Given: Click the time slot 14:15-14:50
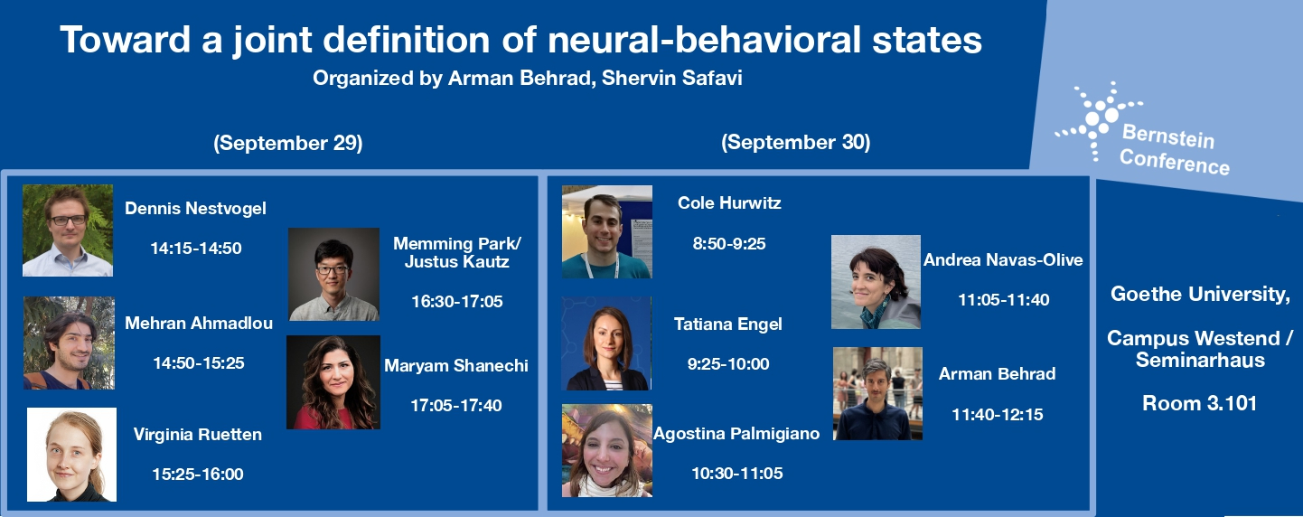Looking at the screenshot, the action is coord(196,249).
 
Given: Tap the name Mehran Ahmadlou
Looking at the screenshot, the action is coord(199,324).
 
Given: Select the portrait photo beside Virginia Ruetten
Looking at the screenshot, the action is coord(71,455).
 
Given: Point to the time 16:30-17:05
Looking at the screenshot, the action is coord(457,301).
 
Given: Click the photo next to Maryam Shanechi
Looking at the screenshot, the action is coord(333,382).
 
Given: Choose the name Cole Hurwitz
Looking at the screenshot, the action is coord(729,203).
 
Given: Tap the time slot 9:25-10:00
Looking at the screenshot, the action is coord(728,364).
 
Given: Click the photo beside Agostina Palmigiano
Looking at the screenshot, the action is coord(606,451).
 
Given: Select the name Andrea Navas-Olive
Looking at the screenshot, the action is coord(1003,260).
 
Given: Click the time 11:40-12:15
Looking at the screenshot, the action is coord(998,415).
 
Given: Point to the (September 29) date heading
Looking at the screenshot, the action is coord(288,143).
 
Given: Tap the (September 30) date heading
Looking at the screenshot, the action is coord(796,143).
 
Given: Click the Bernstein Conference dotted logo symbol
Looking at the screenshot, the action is coord(1097,120).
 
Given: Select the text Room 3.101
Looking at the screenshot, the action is coord(1199,404).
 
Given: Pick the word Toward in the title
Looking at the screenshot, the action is coord(125,40).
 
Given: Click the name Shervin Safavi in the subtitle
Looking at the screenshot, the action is coord(672,78).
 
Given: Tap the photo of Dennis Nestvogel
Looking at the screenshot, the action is coord(68,230).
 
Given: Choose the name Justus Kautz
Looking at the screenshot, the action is coord(457,262).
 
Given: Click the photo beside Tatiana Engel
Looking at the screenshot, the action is coord(606,343).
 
